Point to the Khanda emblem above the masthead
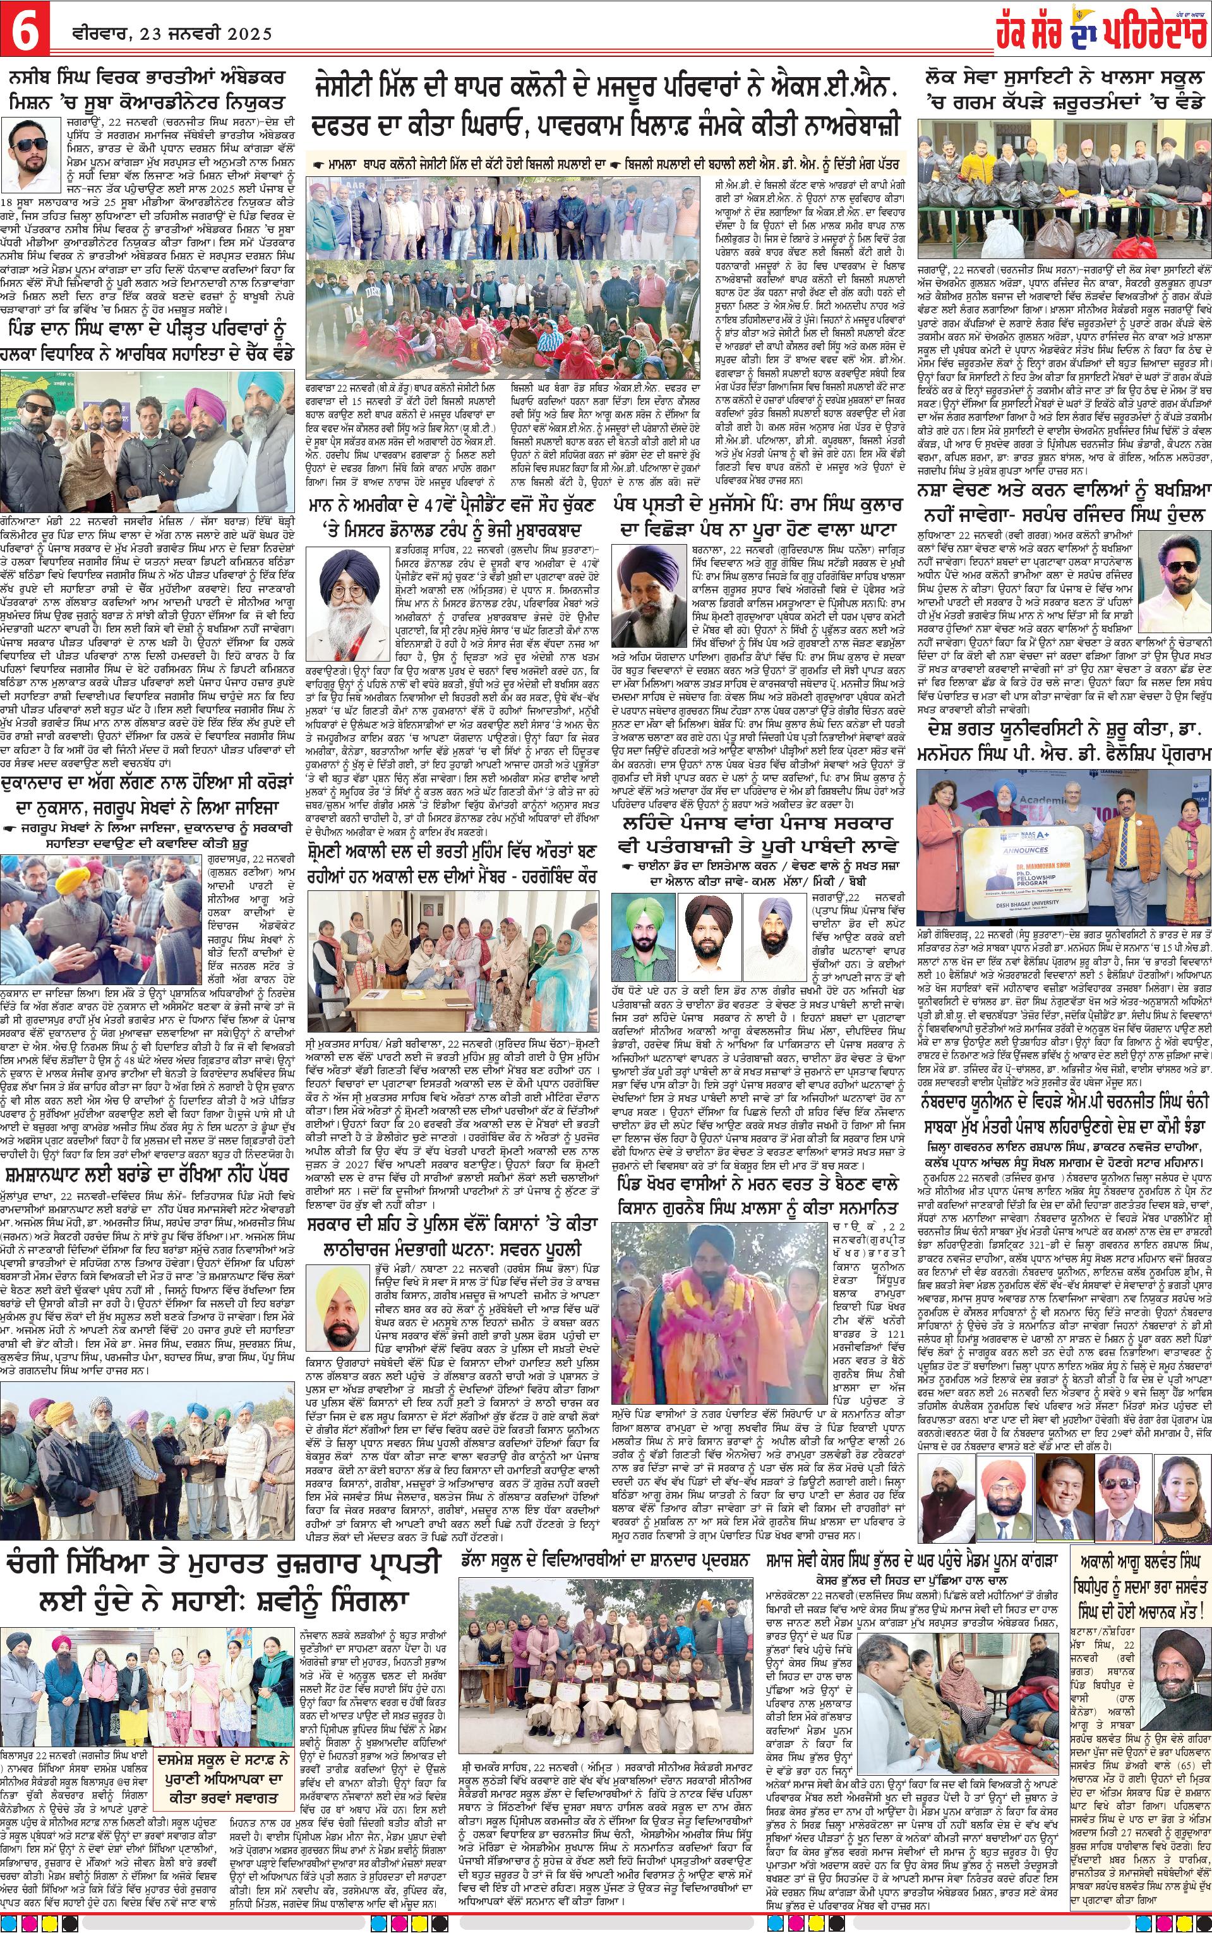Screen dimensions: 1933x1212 click(x=1060, y=9)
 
